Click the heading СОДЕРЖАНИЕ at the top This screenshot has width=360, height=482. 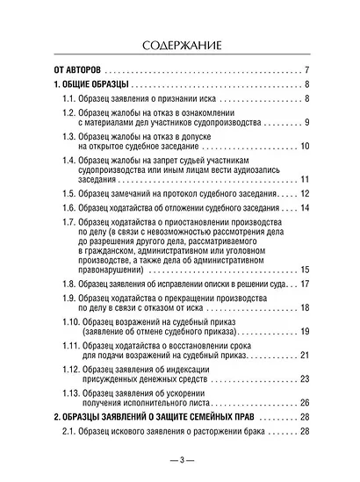pyautogui.click(x=179, y=43)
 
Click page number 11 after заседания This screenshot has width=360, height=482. pyautogui.click(x=304, y=186)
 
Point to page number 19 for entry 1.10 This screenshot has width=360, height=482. pyautogui.click(x=304, y=354)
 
